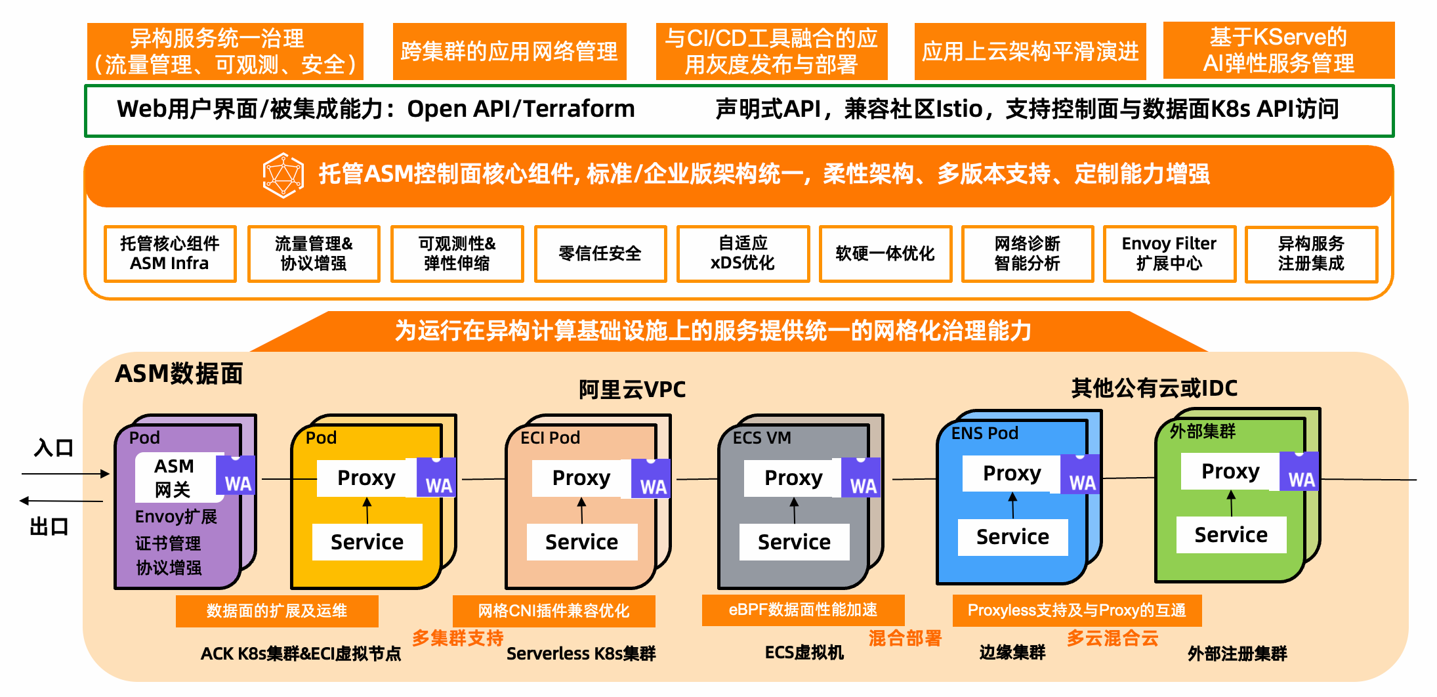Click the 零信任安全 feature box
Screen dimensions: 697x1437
point(600,254)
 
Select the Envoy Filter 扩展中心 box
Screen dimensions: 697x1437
point(1169,254)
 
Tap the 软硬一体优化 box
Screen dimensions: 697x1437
point(885,254)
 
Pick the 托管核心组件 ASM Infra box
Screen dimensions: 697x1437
point(169,254)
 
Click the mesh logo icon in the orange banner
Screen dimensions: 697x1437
point(283,175)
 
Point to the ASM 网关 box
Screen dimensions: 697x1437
point(175,477)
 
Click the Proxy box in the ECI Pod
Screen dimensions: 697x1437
point(581,478)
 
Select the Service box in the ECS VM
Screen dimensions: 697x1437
point(794,542)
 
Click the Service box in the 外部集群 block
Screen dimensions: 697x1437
point(1230,535)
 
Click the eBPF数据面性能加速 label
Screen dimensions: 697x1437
point(802,610)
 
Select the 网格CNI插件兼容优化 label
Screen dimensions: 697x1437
point(553,611)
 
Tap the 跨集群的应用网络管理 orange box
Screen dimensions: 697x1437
point(509,51)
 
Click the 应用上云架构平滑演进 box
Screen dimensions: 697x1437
point(1030,51)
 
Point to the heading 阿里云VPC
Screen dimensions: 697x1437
point(632,390)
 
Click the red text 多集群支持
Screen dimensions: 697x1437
point(458,638)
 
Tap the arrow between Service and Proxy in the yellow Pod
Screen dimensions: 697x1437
point(367,511)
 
